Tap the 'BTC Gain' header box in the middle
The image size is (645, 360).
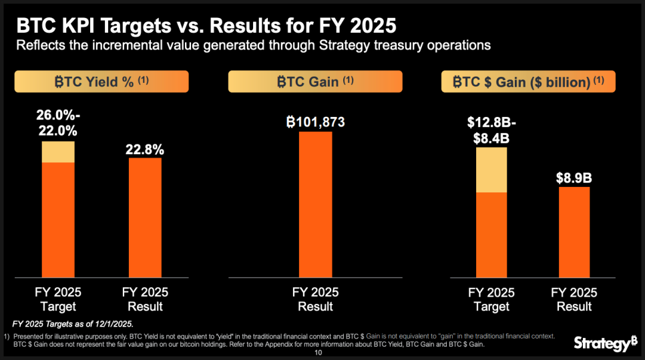(x=315, y=81)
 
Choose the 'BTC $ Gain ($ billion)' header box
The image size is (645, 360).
(x=527, y=81)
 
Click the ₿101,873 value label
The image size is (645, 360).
(x=315, y=123)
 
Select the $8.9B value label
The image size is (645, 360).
(x=574, y=178)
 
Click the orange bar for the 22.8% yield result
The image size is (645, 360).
(x=145, y=217)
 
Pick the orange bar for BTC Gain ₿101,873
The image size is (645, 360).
(x=315, y=204)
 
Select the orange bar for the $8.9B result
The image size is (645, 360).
(x=574, y=231)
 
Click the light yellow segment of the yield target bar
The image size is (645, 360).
(x=58, y=152)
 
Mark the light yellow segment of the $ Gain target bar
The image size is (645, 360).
(x=491, y=170)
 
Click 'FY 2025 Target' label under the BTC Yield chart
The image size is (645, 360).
(x=58, y=300)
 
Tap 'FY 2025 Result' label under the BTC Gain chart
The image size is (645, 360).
(x=315, y=300)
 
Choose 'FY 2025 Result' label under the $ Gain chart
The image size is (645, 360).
(x=574, y=300)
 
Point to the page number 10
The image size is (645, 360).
(x=318, y=353)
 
